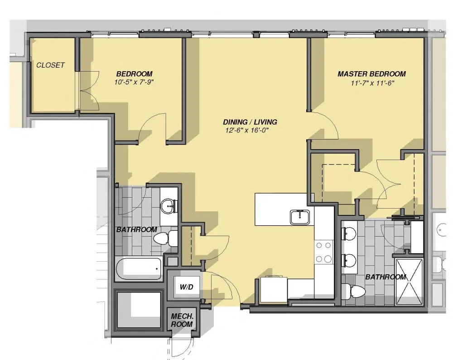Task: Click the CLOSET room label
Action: (50, 65)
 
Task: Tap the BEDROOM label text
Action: (134, 74)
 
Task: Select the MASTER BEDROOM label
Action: (371, 74)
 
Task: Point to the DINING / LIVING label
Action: (250, 122)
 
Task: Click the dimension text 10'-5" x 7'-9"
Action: (135, 83)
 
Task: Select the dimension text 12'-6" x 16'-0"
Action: (250, 131)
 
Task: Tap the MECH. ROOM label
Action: (182, 320)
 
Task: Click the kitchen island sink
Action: (299, 217)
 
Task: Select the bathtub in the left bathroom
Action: (138, 268)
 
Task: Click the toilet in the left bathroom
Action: (165, 238)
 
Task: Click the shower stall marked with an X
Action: (409, 281)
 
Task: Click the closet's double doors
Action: (88, 91)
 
